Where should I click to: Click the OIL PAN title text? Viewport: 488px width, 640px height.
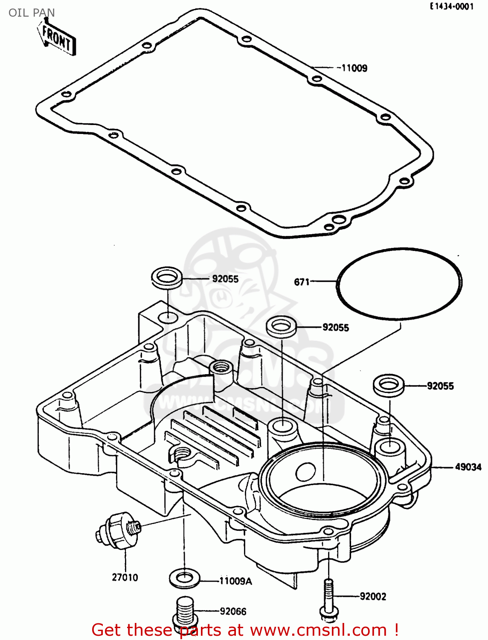pos(32,13)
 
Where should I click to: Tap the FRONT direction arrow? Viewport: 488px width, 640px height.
pos(57,38)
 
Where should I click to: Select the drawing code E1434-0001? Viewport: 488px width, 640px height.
pos(452,6)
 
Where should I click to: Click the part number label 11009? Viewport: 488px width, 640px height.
pos(354,68)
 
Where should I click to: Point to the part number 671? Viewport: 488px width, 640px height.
pos(302,282)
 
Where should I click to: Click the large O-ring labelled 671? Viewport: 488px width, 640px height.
pos(460,282)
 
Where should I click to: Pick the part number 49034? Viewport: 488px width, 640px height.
pos(468,467)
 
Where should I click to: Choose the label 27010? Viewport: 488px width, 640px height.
pos(125,577)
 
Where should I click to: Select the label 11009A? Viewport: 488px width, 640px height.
pos(235,581)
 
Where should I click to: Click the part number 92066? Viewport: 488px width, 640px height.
pos(233,611)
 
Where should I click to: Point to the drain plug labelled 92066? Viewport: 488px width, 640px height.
pos(184,611)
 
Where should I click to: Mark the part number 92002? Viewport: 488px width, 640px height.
pos(373,596)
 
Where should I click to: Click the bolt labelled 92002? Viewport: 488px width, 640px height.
pos(328,599)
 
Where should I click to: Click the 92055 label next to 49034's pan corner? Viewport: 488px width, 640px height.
pos(440,386)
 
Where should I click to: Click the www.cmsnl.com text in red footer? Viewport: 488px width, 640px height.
pos(318,630)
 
